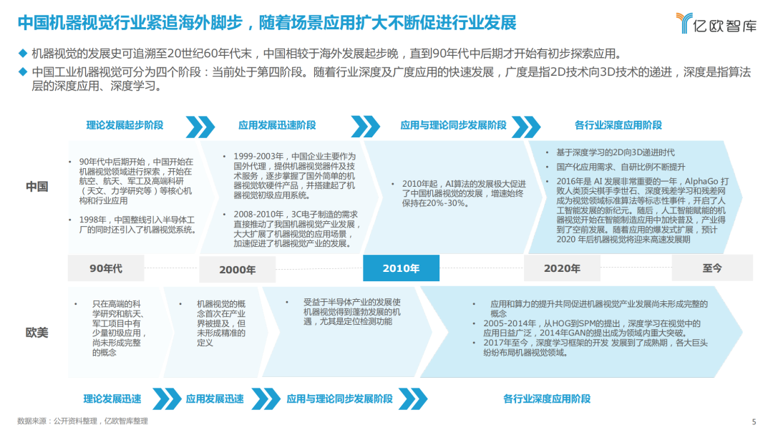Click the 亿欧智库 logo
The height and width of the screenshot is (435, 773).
point(716,23)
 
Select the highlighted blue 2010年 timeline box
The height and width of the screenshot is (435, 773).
point(401,268)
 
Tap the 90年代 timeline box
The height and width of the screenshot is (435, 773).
point(106,268)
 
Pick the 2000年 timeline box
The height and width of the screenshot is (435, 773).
point(237,270)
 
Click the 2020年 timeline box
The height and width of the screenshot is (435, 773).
point(562,268)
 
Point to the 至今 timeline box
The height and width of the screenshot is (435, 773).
point(712,268)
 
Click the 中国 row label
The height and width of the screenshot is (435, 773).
point(37,187)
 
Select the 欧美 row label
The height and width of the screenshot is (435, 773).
point(37,333)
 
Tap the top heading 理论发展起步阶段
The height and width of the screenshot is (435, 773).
point(125,125)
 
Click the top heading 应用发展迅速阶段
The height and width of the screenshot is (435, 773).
point(277,125)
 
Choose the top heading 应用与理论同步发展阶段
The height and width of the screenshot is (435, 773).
point(454,125)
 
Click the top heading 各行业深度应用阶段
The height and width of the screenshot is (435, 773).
point(618,125)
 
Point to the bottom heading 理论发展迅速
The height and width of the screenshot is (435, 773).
point(112,399)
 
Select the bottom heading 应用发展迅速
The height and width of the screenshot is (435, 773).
point(215,399)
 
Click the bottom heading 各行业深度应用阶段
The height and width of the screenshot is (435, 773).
point(547,399)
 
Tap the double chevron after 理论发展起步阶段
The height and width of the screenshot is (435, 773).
point(200,127)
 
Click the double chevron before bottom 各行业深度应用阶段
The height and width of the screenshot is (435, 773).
point(413,399)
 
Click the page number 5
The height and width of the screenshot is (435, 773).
point(754,421)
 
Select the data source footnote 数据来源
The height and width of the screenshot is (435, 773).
point(82,421)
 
